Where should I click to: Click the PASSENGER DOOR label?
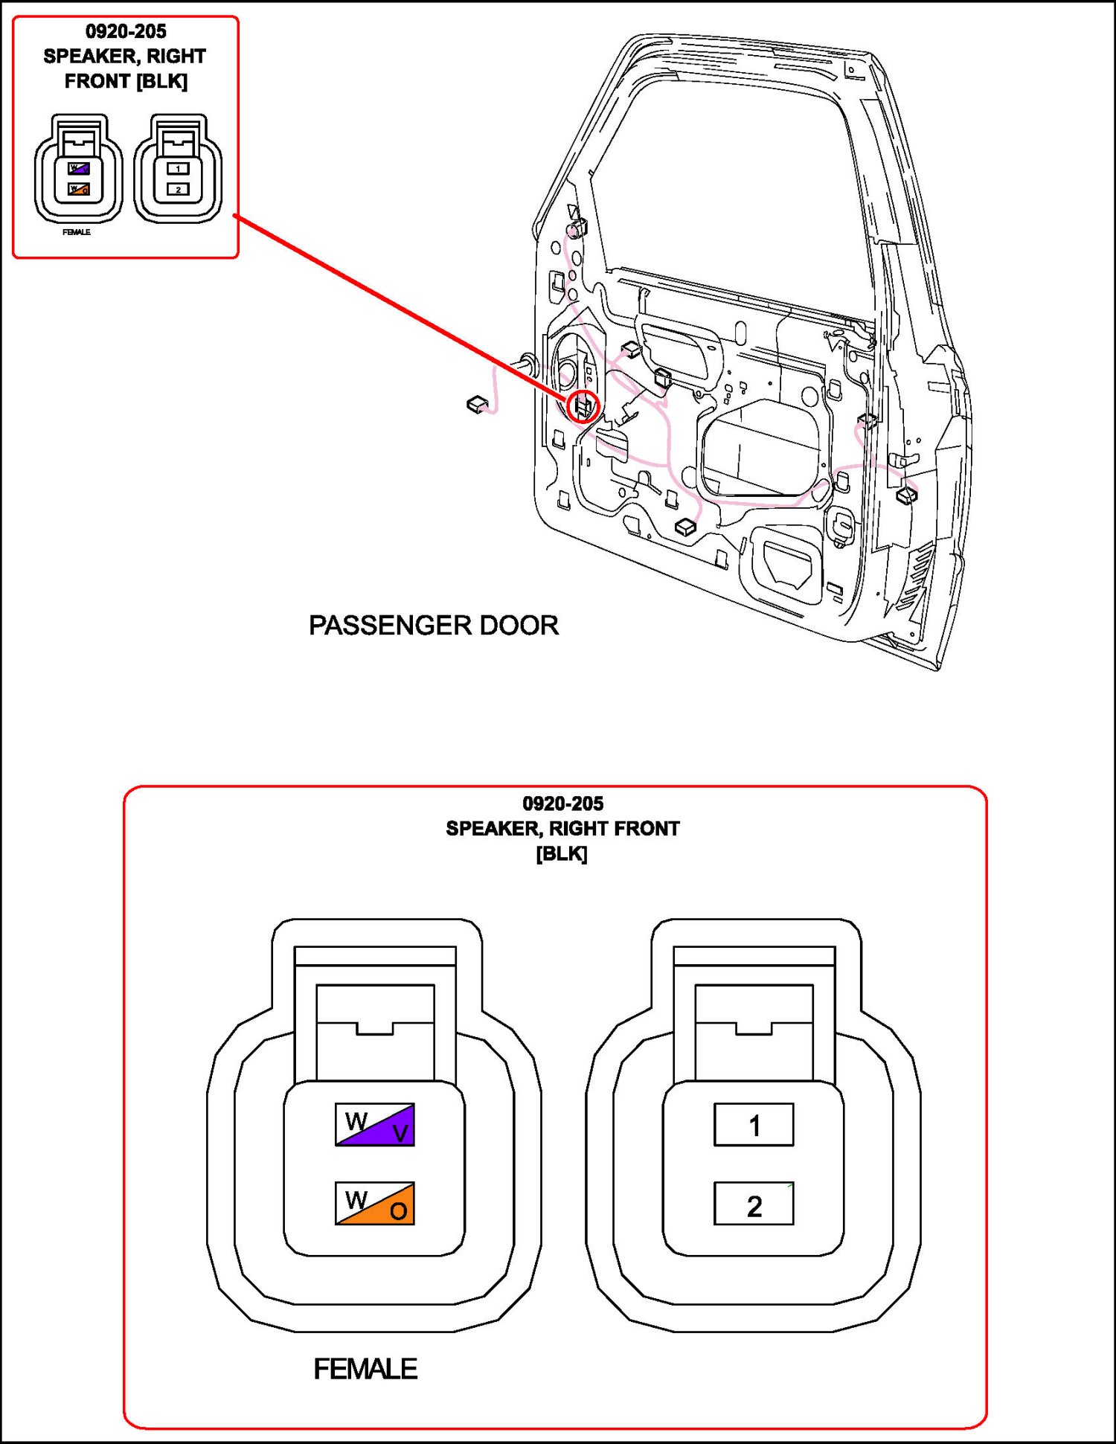(433, 625)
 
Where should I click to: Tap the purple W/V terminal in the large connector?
(375, 1124)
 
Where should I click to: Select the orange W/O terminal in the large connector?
(375, 1203)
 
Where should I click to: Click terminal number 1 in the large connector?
(754, 1124)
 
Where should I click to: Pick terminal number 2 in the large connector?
(754, 1204)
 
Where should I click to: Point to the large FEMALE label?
(365, 1369)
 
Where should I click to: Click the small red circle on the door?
(583, 406)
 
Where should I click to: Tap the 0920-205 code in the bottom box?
(562, 803)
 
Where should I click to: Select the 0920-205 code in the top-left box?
(126, 31)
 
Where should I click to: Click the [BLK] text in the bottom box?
(562, 853)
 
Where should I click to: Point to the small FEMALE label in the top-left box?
(77, 232)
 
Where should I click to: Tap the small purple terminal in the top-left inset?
(79, 169)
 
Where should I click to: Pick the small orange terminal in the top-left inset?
(79, 190)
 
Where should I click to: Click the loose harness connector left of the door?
(476, 404)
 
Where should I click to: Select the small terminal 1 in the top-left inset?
(178, 169)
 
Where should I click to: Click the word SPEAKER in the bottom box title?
(492, 828)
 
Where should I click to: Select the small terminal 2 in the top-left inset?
(178, 190)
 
